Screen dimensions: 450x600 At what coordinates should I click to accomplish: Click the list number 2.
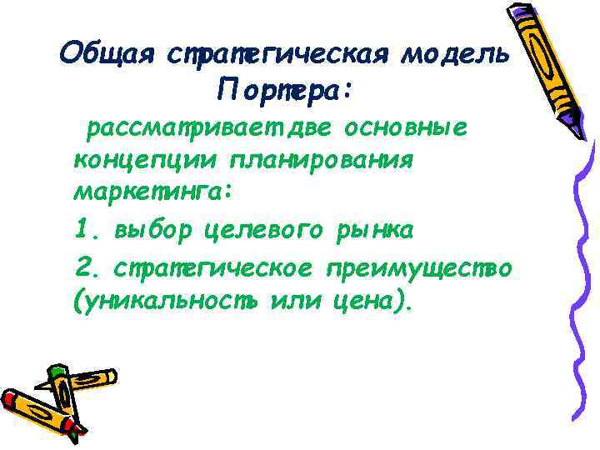(x=83, y=267)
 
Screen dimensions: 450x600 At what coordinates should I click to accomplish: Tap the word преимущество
(x=420, y=267)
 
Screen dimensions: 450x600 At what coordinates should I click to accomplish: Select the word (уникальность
(x=167, y=301)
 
